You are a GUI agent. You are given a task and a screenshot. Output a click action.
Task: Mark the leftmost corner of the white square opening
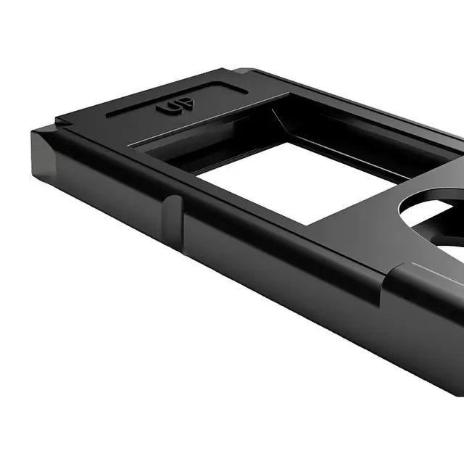pyautogui.click(x=197, y=174)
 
